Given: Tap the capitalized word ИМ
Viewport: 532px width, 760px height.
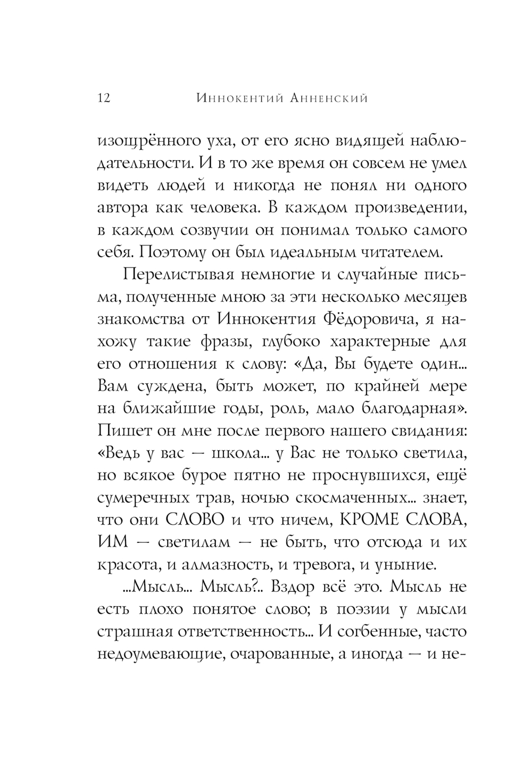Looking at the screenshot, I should (113, 543).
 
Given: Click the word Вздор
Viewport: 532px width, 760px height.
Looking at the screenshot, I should (293, 588).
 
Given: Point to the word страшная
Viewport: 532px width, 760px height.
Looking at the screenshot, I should (136, 632).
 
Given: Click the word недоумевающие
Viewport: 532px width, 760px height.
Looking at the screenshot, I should (156, 655).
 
